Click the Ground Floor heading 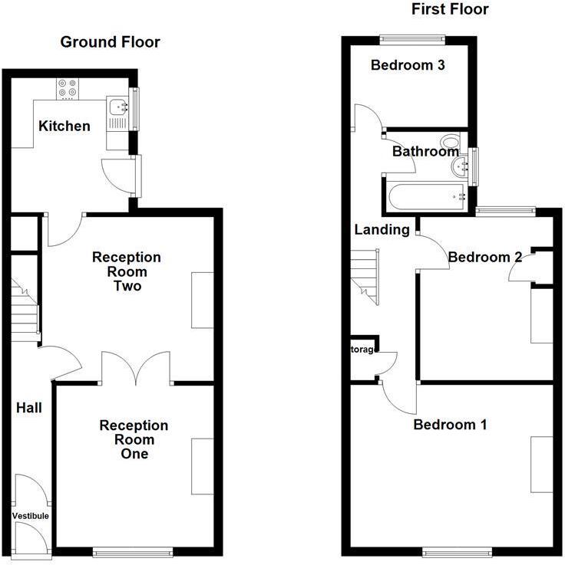(111, 42)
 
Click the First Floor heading (450, 9)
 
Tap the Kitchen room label (65, 126)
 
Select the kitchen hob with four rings (68, 90)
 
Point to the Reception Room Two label (127, 271)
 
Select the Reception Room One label (134, 439)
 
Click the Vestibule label (31, 516)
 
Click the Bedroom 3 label (408, 65)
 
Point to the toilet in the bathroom (451, 143)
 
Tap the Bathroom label (425, 152)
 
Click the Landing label (382, 229)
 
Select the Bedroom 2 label (485, 257)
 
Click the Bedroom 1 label (450, 425)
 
